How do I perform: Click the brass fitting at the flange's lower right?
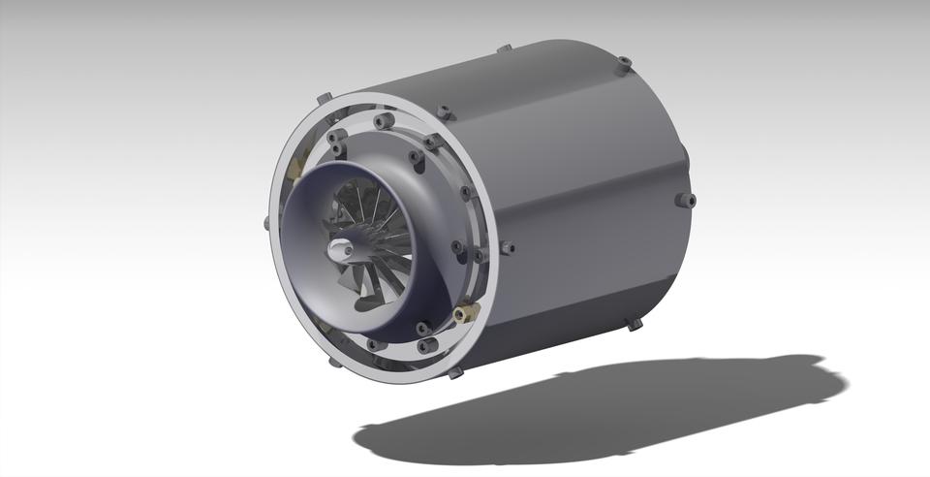466,312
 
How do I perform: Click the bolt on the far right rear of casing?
685,201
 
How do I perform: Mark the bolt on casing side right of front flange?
508,248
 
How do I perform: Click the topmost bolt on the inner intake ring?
381,120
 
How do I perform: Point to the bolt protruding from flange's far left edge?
266,222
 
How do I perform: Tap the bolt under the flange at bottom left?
333,362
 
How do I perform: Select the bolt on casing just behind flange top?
443,112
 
